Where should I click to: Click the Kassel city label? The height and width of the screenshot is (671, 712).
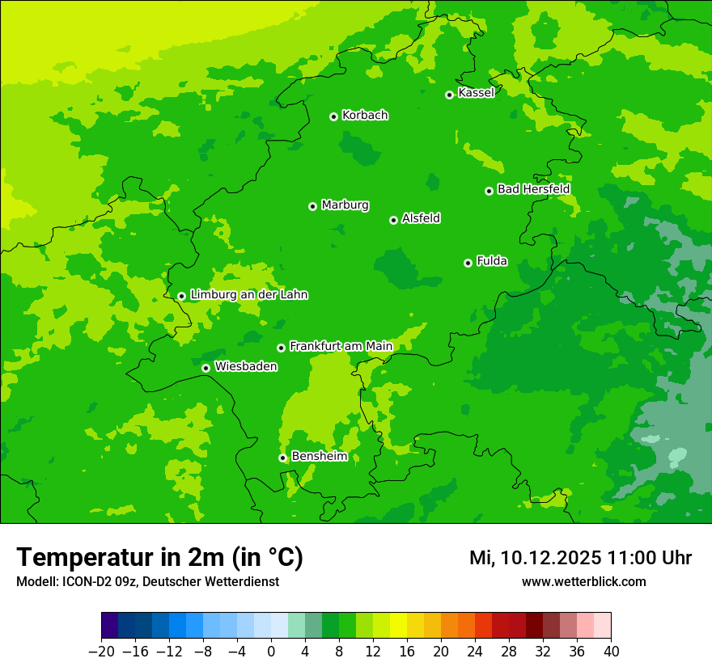tap(476, 93)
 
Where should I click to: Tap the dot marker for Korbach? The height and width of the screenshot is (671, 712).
tap(333, 116)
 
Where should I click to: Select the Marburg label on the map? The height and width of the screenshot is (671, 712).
tap(345, 205)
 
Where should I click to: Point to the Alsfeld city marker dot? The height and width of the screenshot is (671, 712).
tap(393, 220)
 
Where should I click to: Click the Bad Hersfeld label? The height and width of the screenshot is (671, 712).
tap(533, 189)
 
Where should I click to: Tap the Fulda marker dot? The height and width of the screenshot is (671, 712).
tap(468, 263)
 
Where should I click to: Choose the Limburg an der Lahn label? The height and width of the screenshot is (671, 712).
tap(248, 295)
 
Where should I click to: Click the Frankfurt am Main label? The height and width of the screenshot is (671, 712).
tap(341, 346)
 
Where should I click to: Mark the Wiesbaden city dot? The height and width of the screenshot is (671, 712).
tap(206, 368)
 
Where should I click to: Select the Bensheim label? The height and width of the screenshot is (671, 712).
tap(319, 456)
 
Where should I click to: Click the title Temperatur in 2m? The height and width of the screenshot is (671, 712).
tap(159, 557)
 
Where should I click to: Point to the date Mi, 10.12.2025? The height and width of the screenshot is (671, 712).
tap(535, 558)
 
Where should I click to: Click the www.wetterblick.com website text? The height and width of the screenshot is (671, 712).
tap(583, 581)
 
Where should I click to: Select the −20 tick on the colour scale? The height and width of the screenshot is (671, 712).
tap(101, 652)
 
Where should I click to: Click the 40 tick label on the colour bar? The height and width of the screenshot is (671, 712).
tap(611, 652)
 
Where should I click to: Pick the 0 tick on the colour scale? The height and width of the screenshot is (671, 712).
tap(271, 652)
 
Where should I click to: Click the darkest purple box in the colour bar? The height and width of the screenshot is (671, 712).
tap(109, 626)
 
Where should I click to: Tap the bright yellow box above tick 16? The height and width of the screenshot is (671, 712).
tap(398, 626)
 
